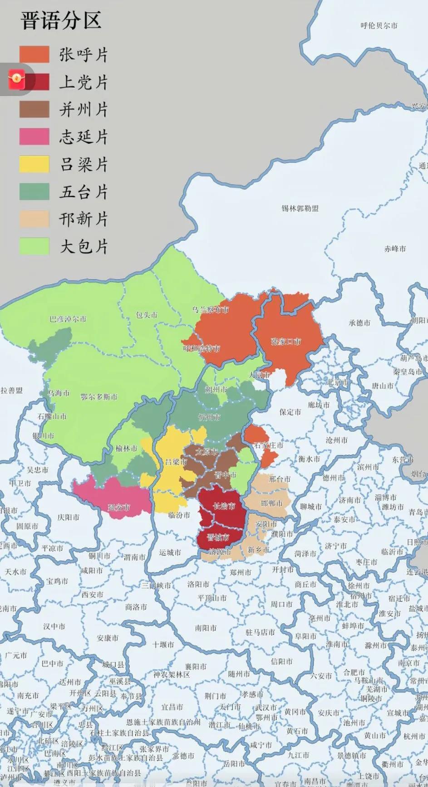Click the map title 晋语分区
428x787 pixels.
coord(61,21)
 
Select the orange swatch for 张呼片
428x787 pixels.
coord(34,54)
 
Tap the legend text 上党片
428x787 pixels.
coord(84,82)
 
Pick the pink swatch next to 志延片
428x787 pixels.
coord(34,137)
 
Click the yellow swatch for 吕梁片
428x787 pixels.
coord(34,164)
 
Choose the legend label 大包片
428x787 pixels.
coord(84,246)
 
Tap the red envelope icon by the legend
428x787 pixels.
coord(17,80)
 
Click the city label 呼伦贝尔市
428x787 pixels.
coord(379,26)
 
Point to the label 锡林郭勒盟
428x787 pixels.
coord(300,208)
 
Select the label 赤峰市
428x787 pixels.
coord(395,249)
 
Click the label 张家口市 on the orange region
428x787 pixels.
coord(286,342)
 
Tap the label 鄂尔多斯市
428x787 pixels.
coord(99,397)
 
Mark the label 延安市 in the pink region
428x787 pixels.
coord(119,507)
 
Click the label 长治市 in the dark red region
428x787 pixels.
coord(224,506)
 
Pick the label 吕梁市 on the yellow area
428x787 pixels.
coord(176,462)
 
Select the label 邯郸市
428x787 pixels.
coord(272,503)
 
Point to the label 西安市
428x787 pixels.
coord(93,594)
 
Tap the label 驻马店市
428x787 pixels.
coord(260,632)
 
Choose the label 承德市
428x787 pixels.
coord(359,323)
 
